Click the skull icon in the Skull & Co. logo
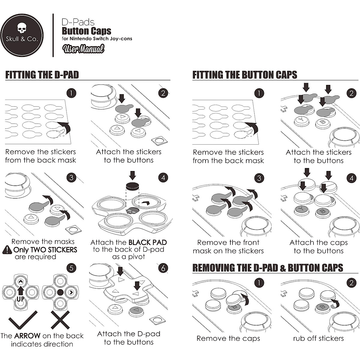[22, 28]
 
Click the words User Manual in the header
[83, 49]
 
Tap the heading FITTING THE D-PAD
[42, 75]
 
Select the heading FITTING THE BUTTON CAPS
[245, 75]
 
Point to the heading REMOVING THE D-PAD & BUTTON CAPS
[268, 268]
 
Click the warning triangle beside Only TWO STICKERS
[7, 250]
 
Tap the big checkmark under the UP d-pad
[23, 320]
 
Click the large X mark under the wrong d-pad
[60, 320]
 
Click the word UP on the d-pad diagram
[21, 299]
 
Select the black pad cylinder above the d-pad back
[133, 186]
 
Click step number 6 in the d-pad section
[163, 268]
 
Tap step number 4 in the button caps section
[351, 178]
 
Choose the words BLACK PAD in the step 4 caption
[148, 242]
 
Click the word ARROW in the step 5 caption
[27, 336]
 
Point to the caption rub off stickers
[318, 338]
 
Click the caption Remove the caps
[228, 338]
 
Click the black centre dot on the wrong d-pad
[60, 292]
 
